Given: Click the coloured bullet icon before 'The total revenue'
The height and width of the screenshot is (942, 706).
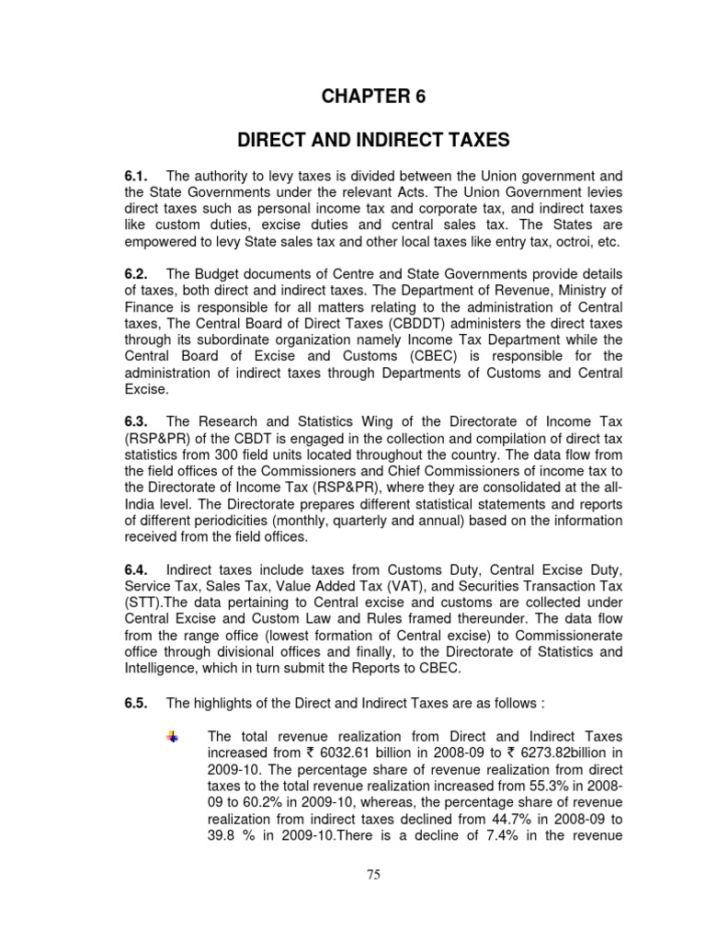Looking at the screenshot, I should [172, 737].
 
